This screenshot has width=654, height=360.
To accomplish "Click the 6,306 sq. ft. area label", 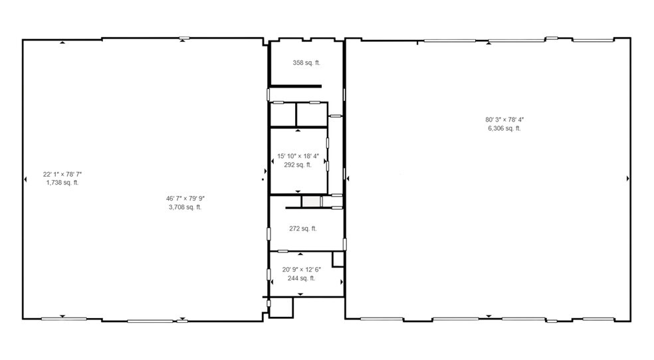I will (504, 128).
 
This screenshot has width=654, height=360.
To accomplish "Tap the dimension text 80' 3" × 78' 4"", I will (504, 120).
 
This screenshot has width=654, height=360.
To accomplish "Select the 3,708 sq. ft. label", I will (185, 207).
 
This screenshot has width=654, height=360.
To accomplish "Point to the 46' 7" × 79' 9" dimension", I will (185, 198).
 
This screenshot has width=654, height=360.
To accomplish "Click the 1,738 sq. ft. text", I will (62, 183).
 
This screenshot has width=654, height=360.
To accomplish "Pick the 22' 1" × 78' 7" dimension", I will (62, 174).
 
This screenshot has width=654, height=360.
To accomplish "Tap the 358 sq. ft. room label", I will (306, 63).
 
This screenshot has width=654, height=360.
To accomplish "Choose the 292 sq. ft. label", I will (298, 165).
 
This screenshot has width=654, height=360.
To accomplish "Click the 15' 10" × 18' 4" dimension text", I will (298, 157).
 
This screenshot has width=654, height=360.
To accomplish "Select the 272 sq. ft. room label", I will (302, 228).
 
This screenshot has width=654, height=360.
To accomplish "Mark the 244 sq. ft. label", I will (301, 278).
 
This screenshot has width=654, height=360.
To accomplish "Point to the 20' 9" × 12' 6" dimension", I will (301, 270).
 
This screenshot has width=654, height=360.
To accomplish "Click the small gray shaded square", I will (310, 201).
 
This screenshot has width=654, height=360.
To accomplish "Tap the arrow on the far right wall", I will (628, 179).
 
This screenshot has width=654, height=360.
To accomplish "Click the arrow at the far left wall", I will (26, 178).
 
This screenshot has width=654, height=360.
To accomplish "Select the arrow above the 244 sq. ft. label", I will (300, 254).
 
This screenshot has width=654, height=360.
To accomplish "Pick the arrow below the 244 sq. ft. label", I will (300, 294).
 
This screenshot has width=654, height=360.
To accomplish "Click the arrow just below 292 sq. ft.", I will (298, 191).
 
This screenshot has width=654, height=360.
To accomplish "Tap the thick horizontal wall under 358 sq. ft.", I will (295, 86).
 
